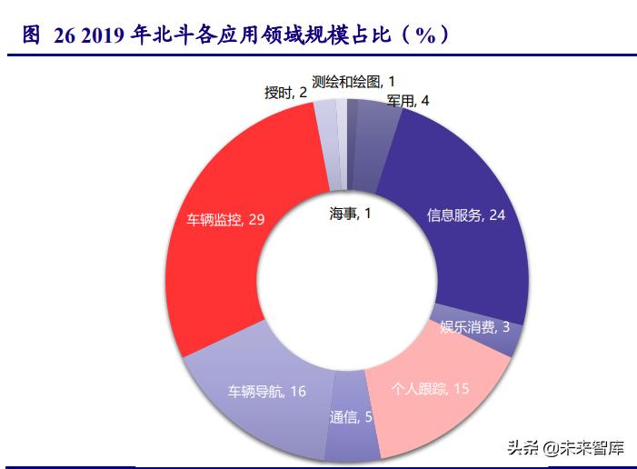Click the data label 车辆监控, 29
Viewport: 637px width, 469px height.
click(x=226, y=220)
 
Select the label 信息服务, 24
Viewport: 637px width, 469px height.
click(x=466, y=215)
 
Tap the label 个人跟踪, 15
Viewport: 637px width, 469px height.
click(x=430, y=388)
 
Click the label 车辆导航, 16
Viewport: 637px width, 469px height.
click(x=266, y=392)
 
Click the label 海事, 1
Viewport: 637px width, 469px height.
click(x=350, y=214)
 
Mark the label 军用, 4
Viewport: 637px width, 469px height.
click(x=407, y=101)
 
